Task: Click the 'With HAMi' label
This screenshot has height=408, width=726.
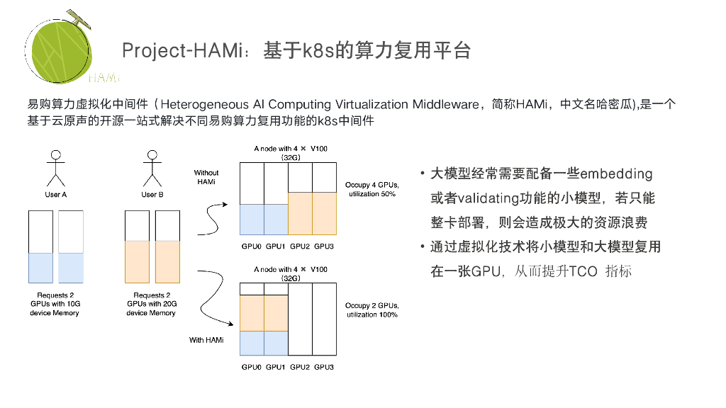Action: tap(206, 340)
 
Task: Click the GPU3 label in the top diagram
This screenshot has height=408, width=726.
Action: tap(324, 246)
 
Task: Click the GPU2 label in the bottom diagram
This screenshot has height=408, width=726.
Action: tap(300, 367)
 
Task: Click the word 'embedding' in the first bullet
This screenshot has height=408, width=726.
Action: tap(616, 174)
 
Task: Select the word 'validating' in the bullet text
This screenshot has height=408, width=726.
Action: tap(489, 198)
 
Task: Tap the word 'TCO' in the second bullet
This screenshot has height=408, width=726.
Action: tap(584, 271)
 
